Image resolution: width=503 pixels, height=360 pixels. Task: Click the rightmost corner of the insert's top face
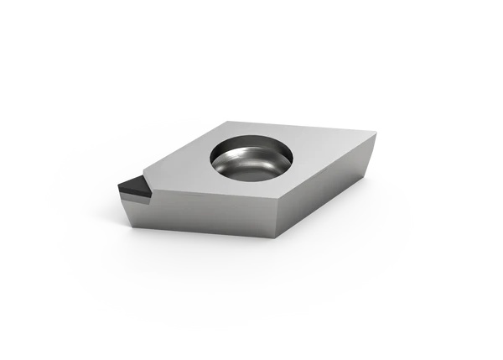376,132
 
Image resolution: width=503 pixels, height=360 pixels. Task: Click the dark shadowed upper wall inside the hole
247,146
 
